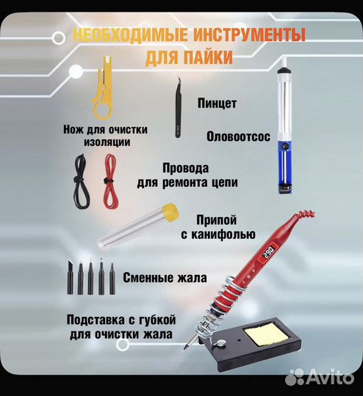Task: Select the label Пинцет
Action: [x=217, y=103]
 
